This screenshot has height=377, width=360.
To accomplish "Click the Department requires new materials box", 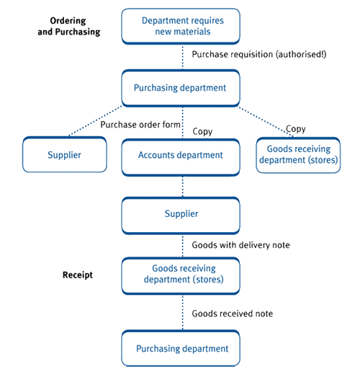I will tap(182, 26).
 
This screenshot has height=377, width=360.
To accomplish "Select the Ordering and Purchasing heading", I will tap(68, 26).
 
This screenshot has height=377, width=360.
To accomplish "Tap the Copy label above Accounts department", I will tap(203, 131).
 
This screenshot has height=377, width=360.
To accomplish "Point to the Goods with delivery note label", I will tap(240, 245).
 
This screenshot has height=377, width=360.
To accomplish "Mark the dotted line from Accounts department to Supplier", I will tap(182, 185).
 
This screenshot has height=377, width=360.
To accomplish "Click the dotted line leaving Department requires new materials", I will tap(182, 56).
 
